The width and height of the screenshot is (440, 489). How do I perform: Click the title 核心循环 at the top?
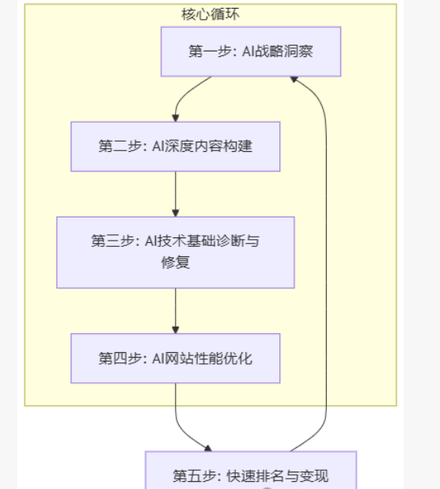click(x=211, y=14)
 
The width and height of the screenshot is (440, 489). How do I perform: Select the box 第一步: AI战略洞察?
click(x=251, y=51)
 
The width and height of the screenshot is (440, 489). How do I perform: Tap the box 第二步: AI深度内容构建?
click(x=175, y=146)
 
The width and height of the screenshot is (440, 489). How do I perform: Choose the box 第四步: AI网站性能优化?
click(x=175, y=358)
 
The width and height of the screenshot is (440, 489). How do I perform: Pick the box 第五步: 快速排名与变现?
click(x=251, y=470)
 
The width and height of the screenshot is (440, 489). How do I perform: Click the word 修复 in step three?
click(x=175, y=262)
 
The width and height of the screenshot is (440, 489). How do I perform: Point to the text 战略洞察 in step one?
click(x=284, y=51)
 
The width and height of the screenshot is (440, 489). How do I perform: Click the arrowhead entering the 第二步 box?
click(x=176, y=118)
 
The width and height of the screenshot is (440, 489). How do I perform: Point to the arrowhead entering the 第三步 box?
click(x=176, y=213)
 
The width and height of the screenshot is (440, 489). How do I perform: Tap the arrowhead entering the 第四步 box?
click(x=176, y=330)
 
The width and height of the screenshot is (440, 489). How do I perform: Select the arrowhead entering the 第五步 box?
click(x=208, y=449)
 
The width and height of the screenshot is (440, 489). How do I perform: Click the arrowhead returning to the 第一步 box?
click(x=294, y=79)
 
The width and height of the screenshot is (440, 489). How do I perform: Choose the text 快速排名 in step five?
click(x=256, y=476)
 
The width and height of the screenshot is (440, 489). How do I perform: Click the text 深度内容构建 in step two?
click(x=209, y=146)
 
